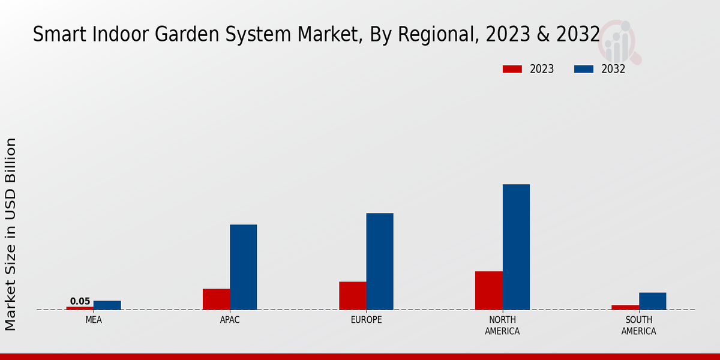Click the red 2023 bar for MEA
tap(80, 308)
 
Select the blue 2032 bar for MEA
tap(107, 305)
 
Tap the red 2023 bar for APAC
tap(216, 299)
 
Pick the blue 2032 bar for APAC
tap(243, 267)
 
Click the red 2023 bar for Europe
tap(352, 296)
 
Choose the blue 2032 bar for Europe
tap(380, 262)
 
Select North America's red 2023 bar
tap(488, 290)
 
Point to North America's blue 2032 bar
tap(516, 247)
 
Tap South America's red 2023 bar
tap(625, 307)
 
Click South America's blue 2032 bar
tap(652, 301)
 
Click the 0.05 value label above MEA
tap(80, 301)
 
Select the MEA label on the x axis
tap(94, 320)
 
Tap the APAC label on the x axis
tap(230, 320)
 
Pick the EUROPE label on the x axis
tap(366, 320)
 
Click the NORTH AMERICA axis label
tap(502, 325)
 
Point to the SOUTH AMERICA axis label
tap(638, 325)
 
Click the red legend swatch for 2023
tap(512, 69)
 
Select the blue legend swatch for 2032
tap(583, 69)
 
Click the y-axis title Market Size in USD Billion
tap(11, 234)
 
